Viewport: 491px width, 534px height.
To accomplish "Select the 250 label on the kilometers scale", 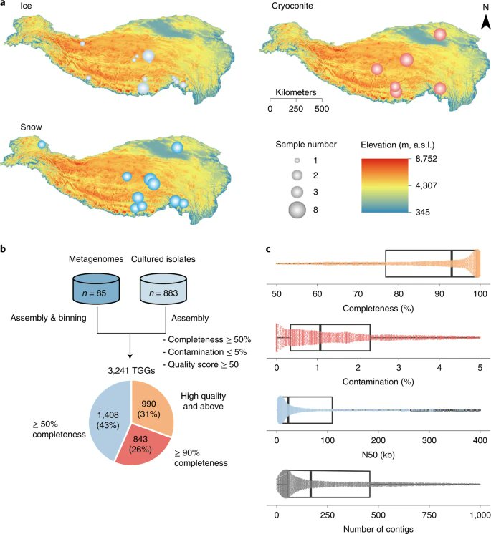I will tap(296, 109).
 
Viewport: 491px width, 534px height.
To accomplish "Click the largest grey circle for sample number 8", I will tap(297, 210).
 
